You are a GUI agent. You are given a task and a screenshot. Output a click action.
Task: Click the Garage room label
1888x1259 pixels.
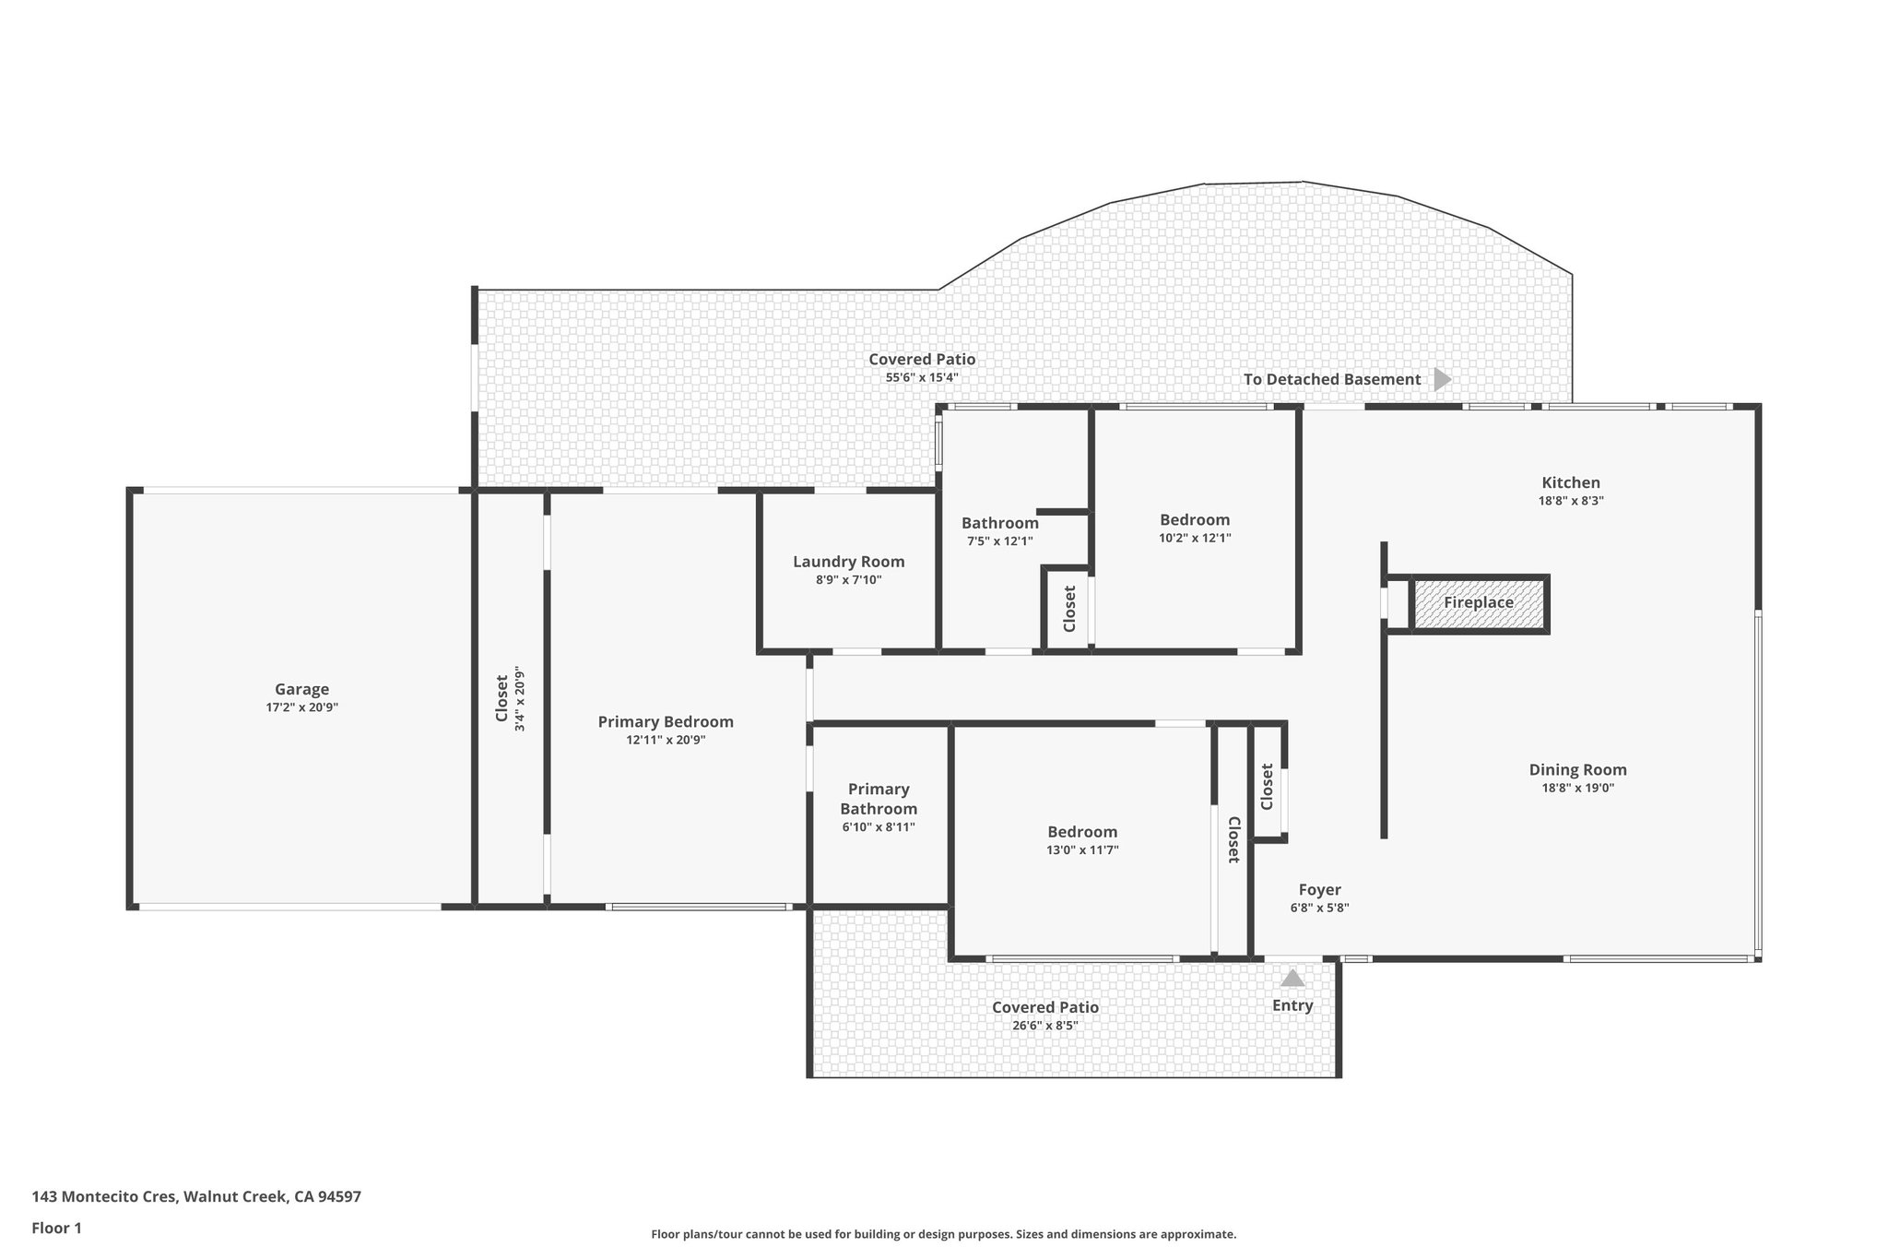point(301,689)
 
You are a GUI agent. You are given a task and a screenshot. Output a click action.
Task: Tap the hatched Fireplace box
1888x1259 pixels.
point(1479,603)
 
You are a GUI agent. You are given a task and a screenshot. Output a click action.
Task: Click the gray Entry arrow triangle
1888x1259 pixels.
point(1292,978)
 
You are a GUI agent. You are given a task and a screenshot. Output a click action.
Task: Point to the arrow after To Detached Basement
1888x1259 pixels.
point(1443,379)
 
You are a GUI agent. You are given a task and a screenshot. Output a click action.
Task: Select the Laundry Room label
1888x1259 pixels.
point(848,562)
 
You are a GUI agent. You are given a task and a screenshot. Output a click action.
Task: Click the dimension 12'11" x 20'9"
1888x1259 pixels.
point(666,740)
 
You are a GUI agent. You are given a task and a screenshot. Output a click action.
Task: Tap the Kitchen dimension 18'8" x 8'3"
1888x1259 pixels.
point(1571,501)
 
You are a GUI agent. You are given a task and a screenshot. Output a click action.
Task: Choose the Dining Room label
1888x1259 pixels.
point(1577,769)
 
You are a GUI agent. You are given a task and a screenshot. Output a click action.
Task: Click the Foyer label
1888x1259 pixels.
point(1319,890)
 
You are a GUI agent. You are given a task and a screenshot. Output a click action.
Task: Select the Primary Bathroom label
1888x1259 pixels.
point(879,799)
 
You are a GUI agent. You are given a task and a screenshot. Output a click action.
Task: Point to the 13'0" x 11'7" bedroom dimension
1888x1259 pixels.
point(1082,850)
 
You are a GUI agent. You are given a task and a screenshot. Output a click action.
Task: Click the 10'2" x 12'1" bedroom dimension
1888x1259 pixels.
point(1195,538)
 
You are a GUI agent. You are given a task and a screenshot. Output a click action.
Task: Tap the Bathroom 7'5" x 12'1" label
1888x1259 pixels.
point(999,523)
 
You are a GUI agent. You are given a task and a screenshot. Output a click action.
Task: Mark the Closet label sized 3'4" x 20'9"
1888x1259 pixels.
point(502,698)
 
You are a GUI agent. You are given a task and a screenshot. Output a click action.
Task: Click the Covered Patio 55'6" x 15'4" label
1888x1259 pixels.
point(922,360)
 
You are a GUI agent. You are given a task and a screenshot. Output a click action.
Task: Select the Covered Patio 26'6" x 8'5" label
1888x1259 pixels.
point(1045,1008)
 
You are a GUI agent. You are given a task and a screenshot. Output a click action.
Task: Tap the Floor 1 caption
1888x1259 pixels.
point(57,1228)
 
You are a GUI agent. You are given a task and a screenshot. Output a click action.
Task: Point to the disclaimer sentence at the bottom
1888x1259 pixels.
point(943,1234)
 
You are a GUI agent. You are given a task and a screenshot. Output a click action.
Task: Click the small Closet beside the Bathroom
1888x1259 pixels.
point(1069,609)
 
